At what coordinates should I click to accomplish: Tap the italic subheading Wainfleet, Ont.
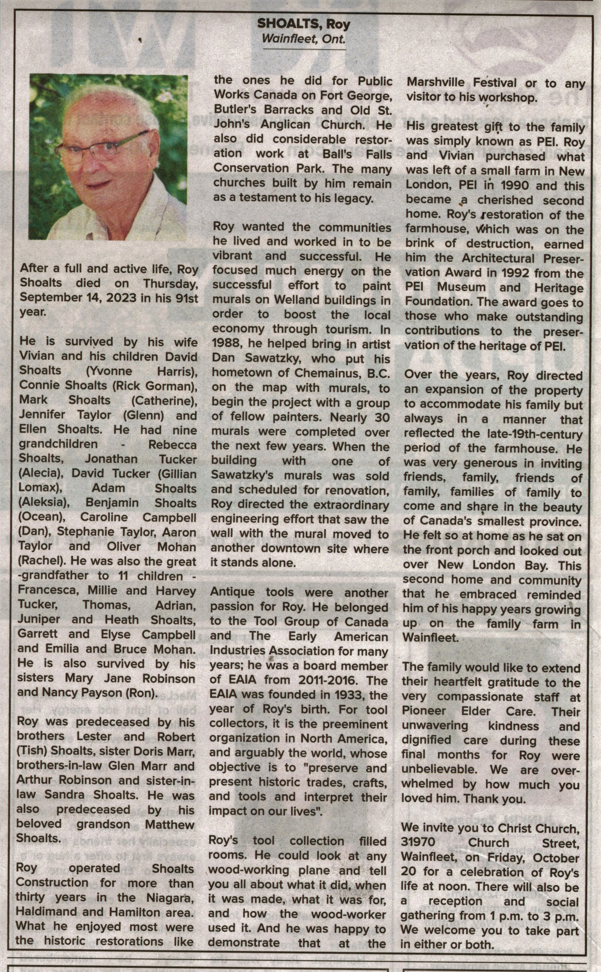pos(303,39)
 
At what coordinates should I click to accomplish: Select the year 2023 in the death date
pos(119,297)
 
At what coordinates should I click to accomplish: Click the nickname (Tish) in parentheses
pos(32,751)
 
